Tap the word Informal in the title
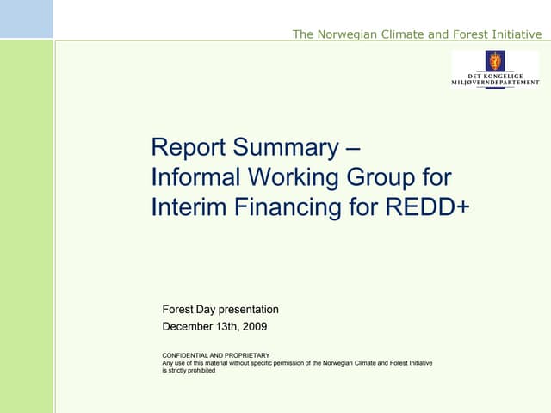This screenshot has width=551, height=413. (196, 177)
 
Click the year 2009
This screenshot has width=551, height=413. (254, 327)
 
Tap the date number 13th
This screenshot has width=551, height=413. (229, 327)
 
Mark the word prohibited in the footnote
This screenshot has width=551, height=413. (199, 370)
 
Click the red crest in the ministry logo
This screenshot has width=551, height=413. (495, 60)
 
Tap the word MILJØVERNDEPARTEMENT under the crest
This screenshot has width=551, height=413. (496, 83)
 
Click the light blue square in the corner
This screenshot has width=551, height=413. (26, 19)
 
